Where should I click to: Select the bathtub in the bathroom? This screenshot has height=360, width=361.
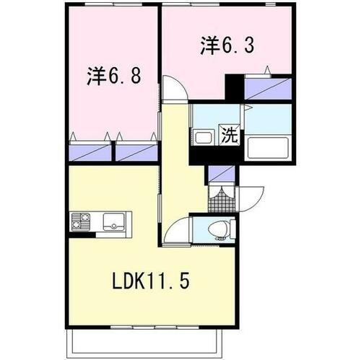[268, 146]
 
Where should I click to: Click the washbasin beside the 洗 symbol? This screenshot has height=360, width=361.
[202, 136]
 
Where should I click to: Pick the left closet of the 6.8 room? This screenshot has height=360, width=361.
[92, 152]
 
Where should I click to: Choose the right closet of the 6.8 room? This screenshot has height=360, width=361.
[137, 152]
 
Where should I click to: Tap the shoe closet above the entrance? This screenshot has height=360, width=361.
[221, 173]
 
